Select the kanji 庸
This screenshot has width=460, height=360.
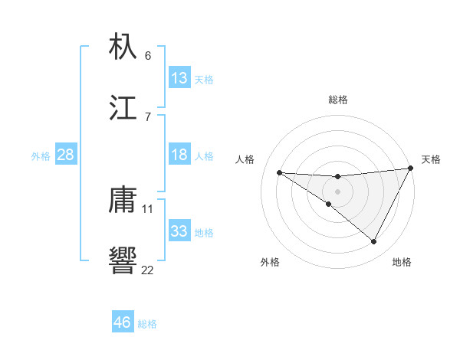pyautogui.click(x=123, y=201)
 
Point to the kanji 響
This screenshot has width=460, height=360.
pyautogui.click(x=123, y=260)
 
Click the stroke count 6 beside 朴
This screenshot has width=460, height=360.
pyautogui.click(x=148, y=56)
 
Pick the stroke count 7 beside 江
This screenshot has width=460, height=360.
pyautogui.click(x=148, y=116)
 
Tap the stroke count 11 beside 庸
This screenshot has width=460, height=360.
pyautogui.click(x=148, y=208)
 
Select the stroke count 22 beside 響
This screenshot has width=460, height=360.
pyautogui.click(x=148, y=269)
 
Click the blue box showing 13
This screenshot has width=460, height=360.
pyautogui.click(x=179, y=77)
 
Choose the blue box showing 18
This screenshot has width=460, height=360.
pyautogui.click(x=179, y=155)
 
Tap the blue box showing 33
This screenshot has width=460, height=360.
pyautogui.click(x=179, y=231)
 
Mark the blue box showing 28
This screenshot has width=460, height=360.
pyautogui.click(x=66, y=155)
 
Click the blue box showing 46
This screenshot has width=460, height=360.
pyautogui.click(x=122, y=322)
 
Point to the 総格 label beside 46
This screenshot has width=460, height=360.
pyautogui.click(x=147, y=324)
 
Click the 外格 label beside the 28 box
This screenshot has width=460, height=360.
pyautogui.click(x=41, y=156)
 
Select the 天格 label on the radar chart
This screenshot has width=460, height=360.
pyautogui.click(x=431, y=159)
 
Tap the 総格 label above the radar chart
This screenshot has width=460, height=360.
pyautogui.click(x=337, y=100)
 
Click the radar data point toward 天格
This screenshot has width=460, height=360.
pyautogui.click(x=411, y=169)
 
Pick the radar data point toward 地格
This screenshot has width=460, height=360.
pyautogui.click(x=374, y=242)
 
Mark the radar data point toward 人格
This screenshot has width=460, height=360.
pyautogui.click(x=279, y=172)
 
